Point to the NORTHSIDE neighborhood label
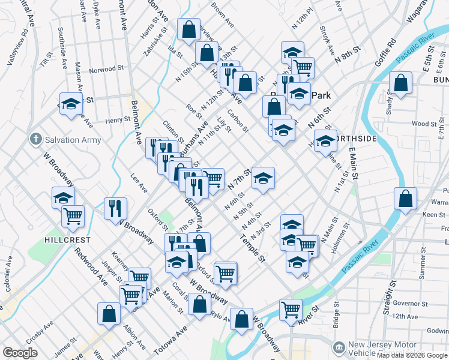[357, 139]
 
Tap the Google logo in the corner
[20, 353]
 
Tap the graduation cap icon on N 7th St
[263, 178]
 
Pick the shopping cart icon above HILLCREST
[73, 215]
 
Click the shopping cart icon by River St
[291, 310]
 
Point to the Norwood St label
[106, 70]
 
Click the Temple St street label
[252, 250]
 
